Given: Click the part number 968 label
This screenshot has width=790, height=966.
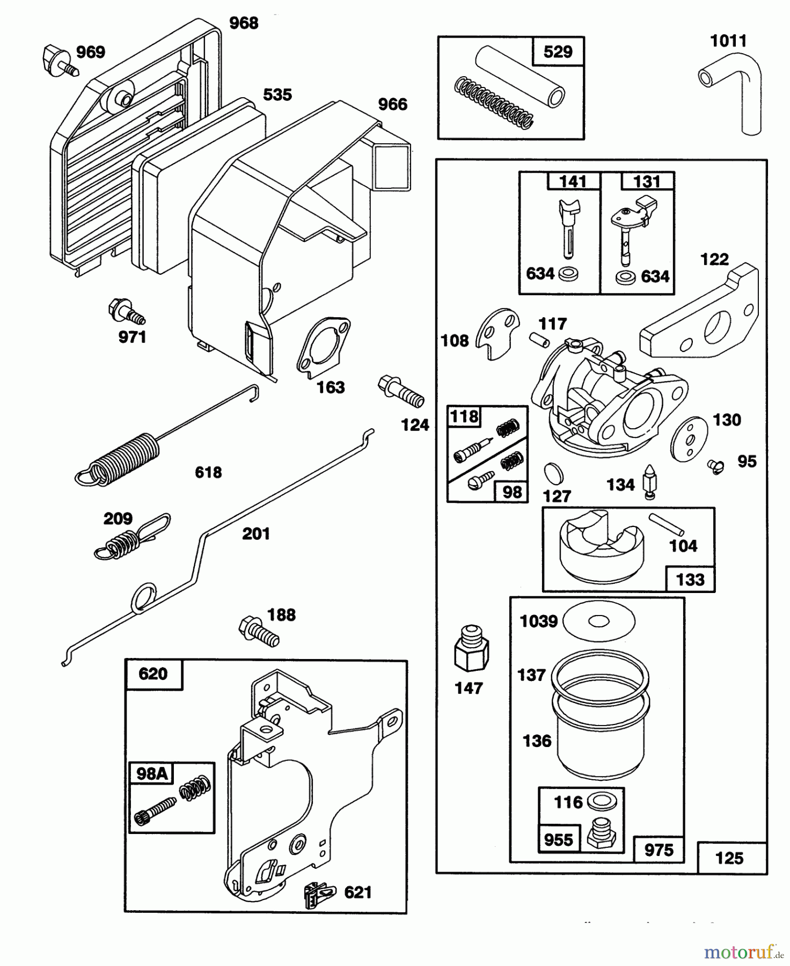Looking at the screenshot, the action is [x=244, y=23].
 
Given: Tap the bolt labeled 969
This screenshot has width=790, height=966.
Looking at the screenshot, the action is [x=60, y=61].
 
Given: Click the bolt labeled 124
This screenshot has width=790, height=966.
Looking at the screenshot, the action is [x=401, y=391].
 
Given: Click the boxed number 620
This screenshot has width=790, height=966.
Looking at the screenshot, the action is [x=153, y=674].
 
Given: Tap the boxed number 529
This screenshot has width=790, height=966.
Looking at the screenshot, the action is [x=558, y=52].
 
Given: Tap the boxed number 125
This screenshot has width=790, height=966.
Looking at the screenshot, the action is [x=730, y=858].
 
